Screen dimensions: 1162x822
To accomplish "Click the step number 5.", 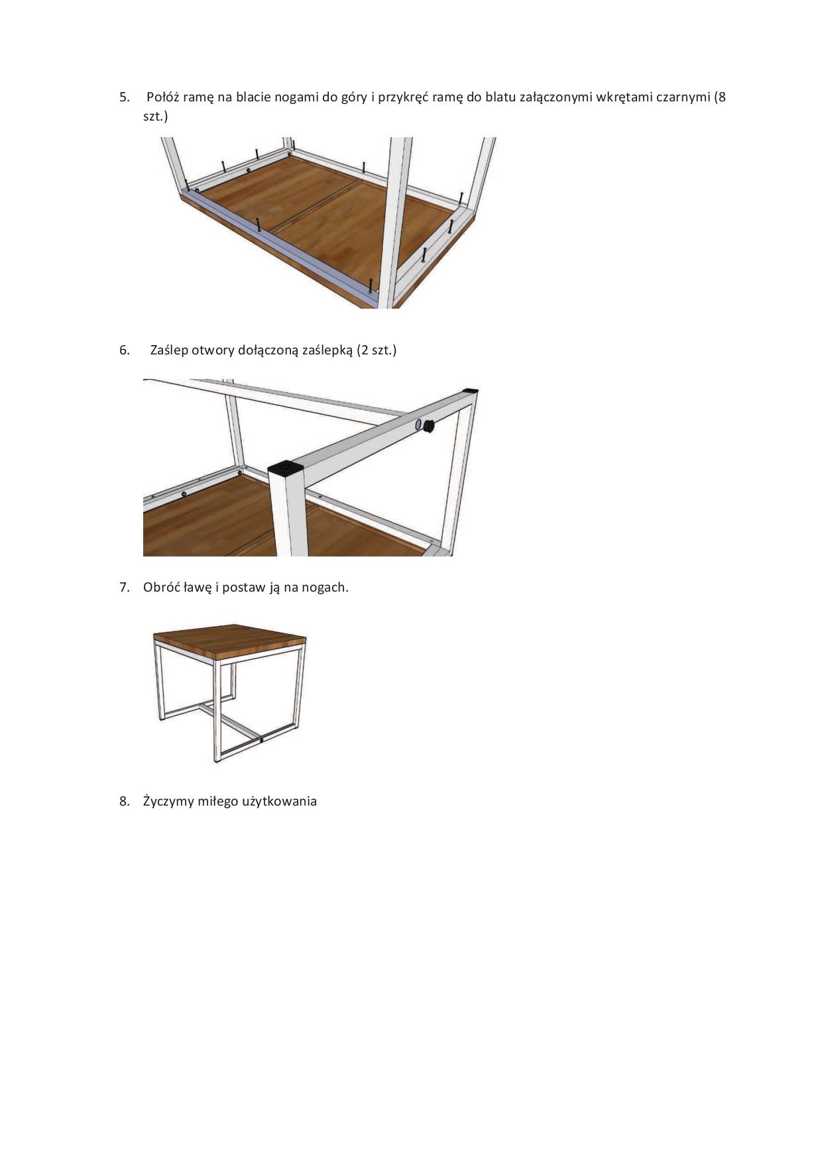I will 125,97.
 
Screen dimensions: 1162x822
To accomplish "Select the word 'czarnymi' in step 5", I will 682,97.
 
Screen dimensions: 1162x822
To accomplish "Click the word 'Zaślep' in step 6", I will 169,350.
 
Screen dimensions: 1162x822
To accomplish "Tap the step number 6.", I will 125,350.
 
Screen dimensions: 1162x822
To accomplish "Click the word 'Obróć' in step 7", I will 159,588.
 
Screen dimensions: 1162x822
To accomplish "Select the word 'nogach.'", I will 325,588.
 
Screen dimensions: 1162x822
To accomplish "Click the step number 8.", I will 125,802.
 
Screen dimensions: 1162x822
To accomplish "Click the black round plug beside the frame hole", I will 430,426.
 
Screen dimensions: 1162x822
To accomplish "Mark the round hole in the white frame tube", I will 418,425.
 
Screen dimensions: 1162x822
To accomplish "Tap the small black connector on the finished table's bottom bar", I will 263,740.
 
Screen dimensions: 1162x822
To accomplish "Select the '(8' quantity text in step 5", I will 719,97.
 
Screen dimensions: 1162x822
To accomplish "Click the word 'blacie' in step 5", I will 253,97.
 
